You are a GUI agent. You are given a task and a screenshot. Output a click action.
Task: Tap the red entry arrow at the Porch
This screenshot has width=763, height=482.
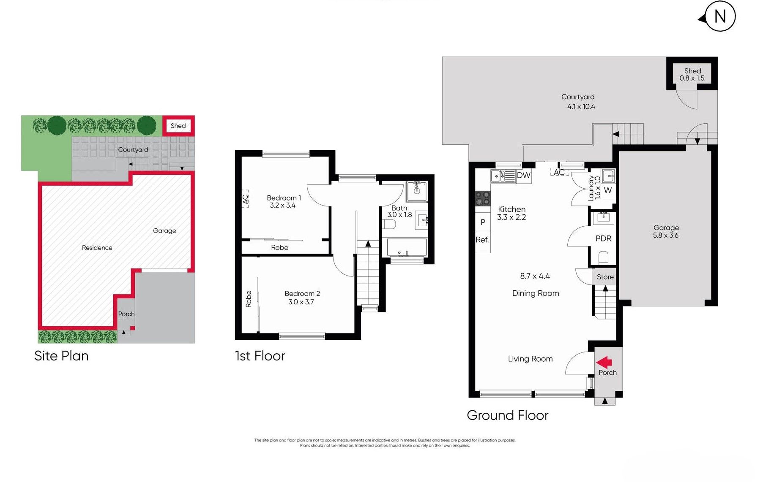click(604, 362)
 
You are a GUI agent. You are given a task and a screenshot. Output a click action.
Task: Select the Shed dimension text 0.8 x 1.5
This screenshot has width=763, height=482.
click(692, 78)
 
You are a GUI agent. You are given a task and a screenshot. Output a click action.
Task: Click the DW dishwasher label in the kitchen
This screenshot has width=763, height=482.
click(523, 175)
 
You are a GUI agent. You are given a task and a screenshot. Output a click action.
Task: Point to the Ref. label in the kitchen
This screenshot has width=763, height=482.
click(482, 240)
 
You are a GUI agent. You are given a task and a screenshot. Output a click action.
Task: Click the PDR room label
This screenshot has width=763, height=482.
click(603, 238)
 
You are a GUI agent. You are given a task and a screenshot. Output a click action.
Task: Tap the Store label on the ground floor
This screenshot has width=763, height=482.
click(605, 277)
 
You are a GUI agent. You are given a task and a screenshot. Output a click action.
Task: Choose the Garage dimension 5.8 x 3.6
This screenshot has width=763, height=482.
click(666, 236)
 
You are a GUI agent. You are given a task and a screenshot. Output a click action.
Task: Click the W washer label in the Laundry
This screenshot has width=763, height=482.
click(608, 190)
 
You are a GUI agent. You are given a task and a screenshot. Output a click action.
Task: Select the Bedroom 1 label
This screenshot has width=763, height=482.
click(284, 198)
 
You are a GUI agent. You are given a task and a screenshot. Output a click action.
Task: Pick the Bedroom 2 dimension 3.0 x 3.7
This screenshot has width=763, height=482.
click(301, 302)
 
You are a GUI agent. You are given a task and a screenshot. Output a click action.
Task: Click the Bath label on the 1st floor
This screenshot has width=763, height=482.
click(399, 208)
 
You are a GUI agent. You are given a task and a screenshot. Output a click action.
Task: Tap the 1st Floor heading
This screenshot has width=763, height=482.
click(260, 356)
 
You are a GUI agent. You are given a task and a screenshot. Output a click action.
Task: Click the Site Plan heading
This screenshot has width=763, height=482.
click(61, 356)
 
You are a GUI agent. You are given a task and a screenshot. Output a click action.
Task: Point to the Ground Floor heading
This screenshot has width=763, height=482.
click(507, 415)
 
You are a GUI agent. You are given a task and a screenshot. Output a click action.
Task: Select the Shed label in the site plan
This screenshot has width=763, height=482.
click(178, 126)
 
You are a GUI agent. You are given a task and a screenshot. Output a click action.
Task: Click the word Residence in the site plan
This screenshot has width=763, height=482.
click(97, 248)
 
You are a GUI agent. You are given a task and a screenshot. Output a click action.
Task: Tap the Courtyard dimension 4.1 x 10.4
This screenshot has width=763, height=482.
click(581, 107)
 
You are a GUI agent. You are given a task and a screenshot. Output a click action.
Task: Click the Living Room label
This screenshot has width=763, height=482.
click(530, 359)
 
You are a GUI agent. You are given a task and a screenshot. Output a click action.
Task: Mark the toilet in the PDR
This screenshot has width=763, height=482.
click(603, 257)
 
